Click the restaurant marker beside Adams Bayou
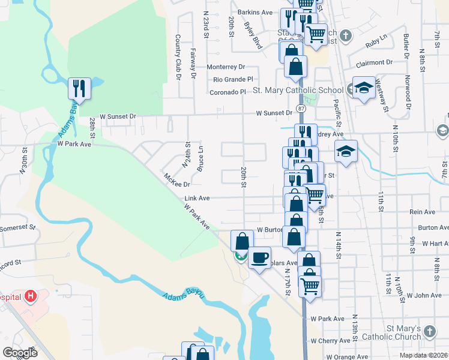79,89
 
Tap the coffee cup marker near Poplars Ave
259,258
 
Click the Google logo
20,352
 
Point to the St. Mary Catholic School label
298,91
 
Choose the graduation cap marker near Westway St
363,89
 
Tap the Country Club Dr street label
178,57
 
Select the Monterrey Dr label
226,67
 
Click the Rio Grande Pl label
234,79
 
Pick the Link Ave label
197,198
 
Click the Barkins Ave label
255,12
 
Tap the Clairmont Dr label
374,62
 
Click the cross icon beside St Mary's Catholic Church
430,331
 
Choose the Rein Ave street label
421,212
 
